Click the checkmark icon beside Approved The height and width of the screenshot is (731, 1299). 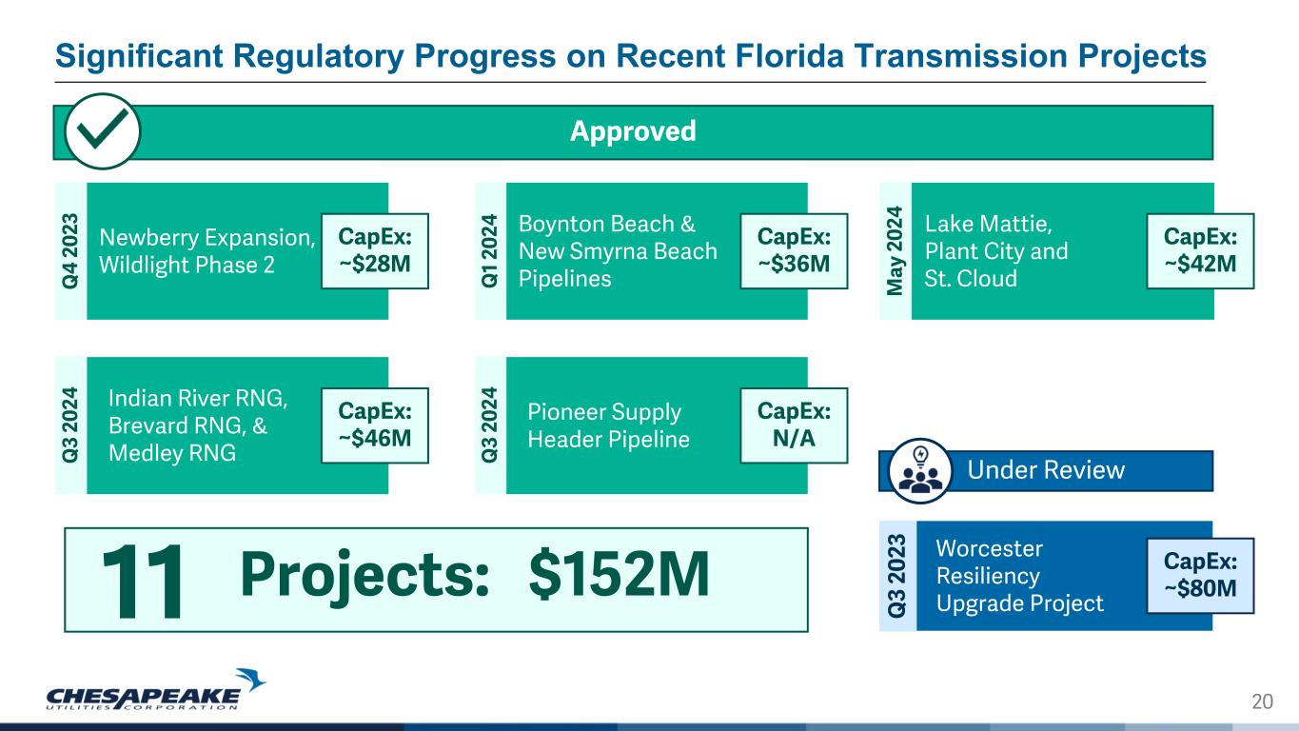point(102,131)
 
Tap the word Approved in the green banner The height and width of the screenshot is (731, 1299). point(633,131)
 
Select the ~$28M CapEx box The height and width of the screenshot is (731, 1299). point(375,250)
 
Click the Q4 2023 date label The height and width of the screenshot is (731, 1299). point(70,250)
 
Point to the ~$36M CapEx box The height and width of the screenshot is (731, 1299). point(794,250)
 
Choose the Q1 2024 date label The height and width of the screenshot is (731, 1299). point(489,250)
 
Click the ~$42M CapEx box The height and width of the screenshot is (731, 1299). point(1200,250)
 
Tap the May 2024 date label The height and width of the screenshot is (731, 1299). point(895,250)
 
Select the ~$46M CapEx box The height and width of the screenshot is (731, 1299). point(375,425)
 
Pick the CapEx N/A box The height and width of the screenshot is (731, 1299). point(794,425)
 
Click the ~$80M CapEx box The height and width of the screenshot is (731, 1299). point(1200,576)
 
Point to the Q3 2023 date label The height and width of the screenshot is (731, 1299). point(896,576)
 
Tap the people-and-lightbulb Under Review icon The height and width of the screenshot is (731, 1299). point(920,470)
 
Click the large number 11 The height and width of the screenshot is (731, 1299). point(143,582)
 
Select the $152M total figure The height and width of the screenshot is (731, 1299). point(619,574)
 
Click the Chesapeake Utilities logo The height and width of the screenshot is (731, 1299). point(155,690)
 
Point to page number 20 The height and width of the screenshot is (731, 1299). point(1263,701)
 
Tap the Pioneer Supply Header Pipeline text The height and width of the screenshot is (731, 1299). point(608,425)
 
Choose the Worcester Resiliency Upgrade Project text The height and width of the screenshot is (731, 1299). point(1019,576)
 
